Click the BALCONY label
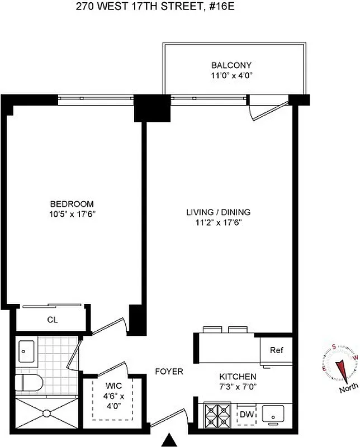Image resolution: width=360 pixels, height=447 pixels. (x=231, y=65)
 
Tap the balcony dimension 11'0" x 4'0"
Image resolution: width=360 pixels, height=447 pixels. (x=231, y=75)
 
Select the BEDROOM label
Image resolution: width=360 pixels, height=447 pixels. (x=72, y=204)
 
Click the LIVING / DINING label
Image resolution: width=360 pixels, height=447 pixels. (x=218, y=212)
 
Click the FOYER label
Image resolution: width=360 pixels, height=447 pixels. (x=169, y=372)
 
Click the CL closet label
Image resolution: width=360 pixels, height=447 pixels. (x=52, y=320)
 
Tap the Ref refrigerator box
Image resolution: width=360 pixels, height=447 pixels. (x=276, y=350)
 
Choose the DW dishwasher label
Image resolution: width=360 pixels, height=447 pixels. (x=245, y=415)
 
